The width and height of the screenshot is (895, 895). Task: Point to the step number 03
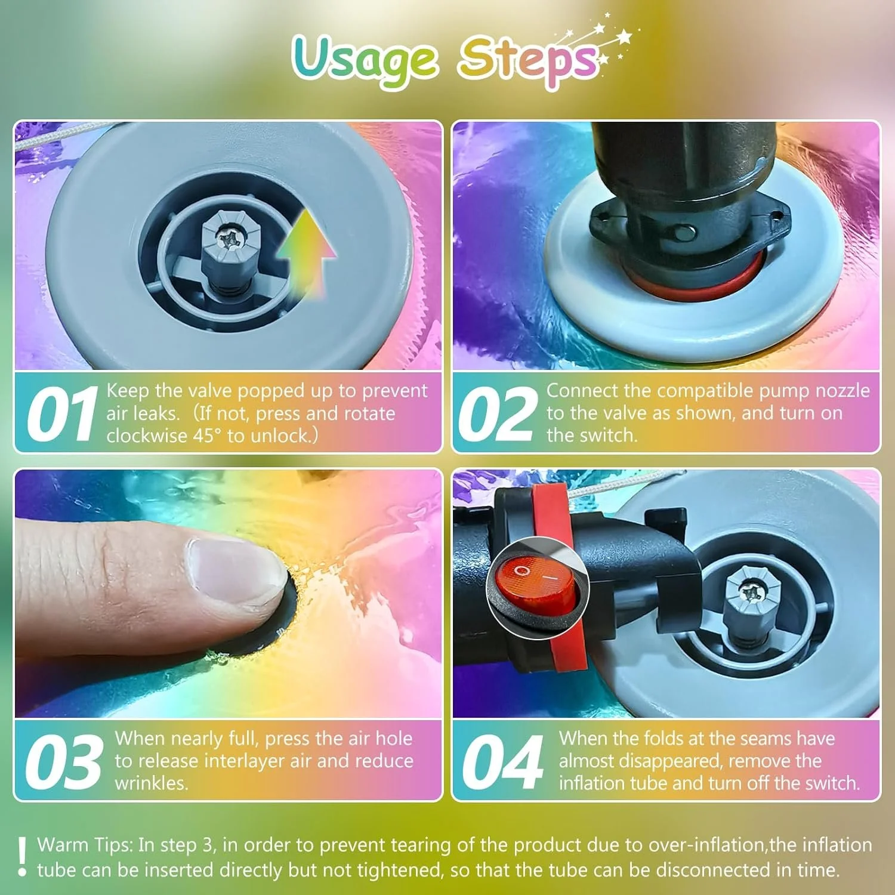63,761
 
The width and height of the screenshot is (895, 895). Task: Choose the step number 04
502,761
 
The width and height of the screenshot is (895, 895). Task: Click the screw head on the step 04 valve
749,592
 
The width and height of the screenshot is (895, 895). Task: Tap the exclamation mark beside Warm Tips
22,856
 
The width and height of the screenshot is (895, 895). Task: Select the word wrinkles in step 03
152,783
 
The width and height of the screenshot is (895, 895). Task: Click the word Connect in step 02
582,390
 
